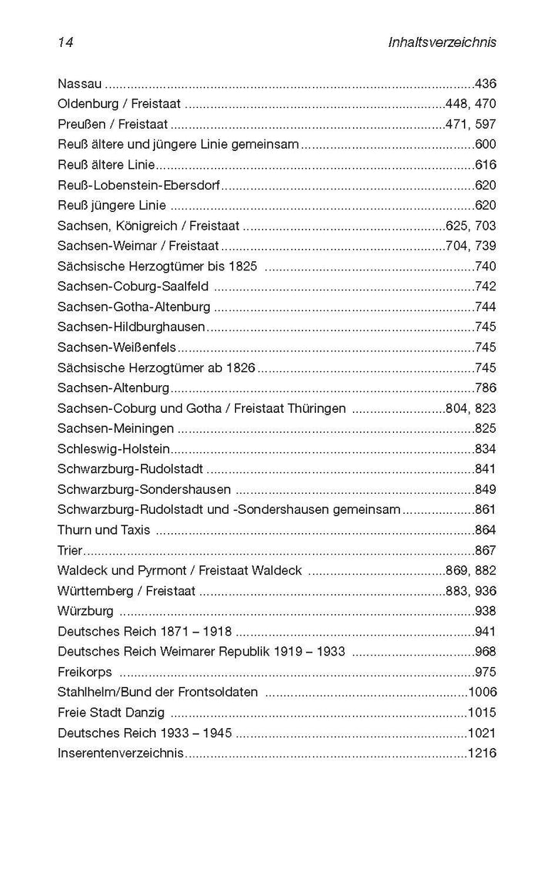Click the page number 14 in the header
pyautogui.click(x=65, y=43)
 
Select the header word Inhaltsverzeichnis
pyautogui.click(x=442, y=43)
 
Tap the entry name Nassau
pyautogui.click(x=79, y=83)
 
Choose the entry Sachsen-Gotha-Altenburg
pyautogui.click(x=133, y=307)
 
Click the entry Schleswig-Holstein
pyautogui.click(x=113, y=449)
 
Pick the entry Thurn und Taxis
pyautogui.click(x=103, y=530)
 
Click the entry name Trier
pyautogui.click(x=70, y=551)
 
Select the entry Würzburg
pyautogui.click(x=86, y=612)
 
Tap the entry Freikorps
pyautogui.click(x=83, y=673)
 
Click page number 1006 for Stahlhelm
pyautogui.click(x=482, y=693)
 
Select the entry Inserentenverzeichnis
pyautogui.click(x=120, y=753)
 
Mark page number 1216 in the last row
pyautogui.click(x=482, y=753)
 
